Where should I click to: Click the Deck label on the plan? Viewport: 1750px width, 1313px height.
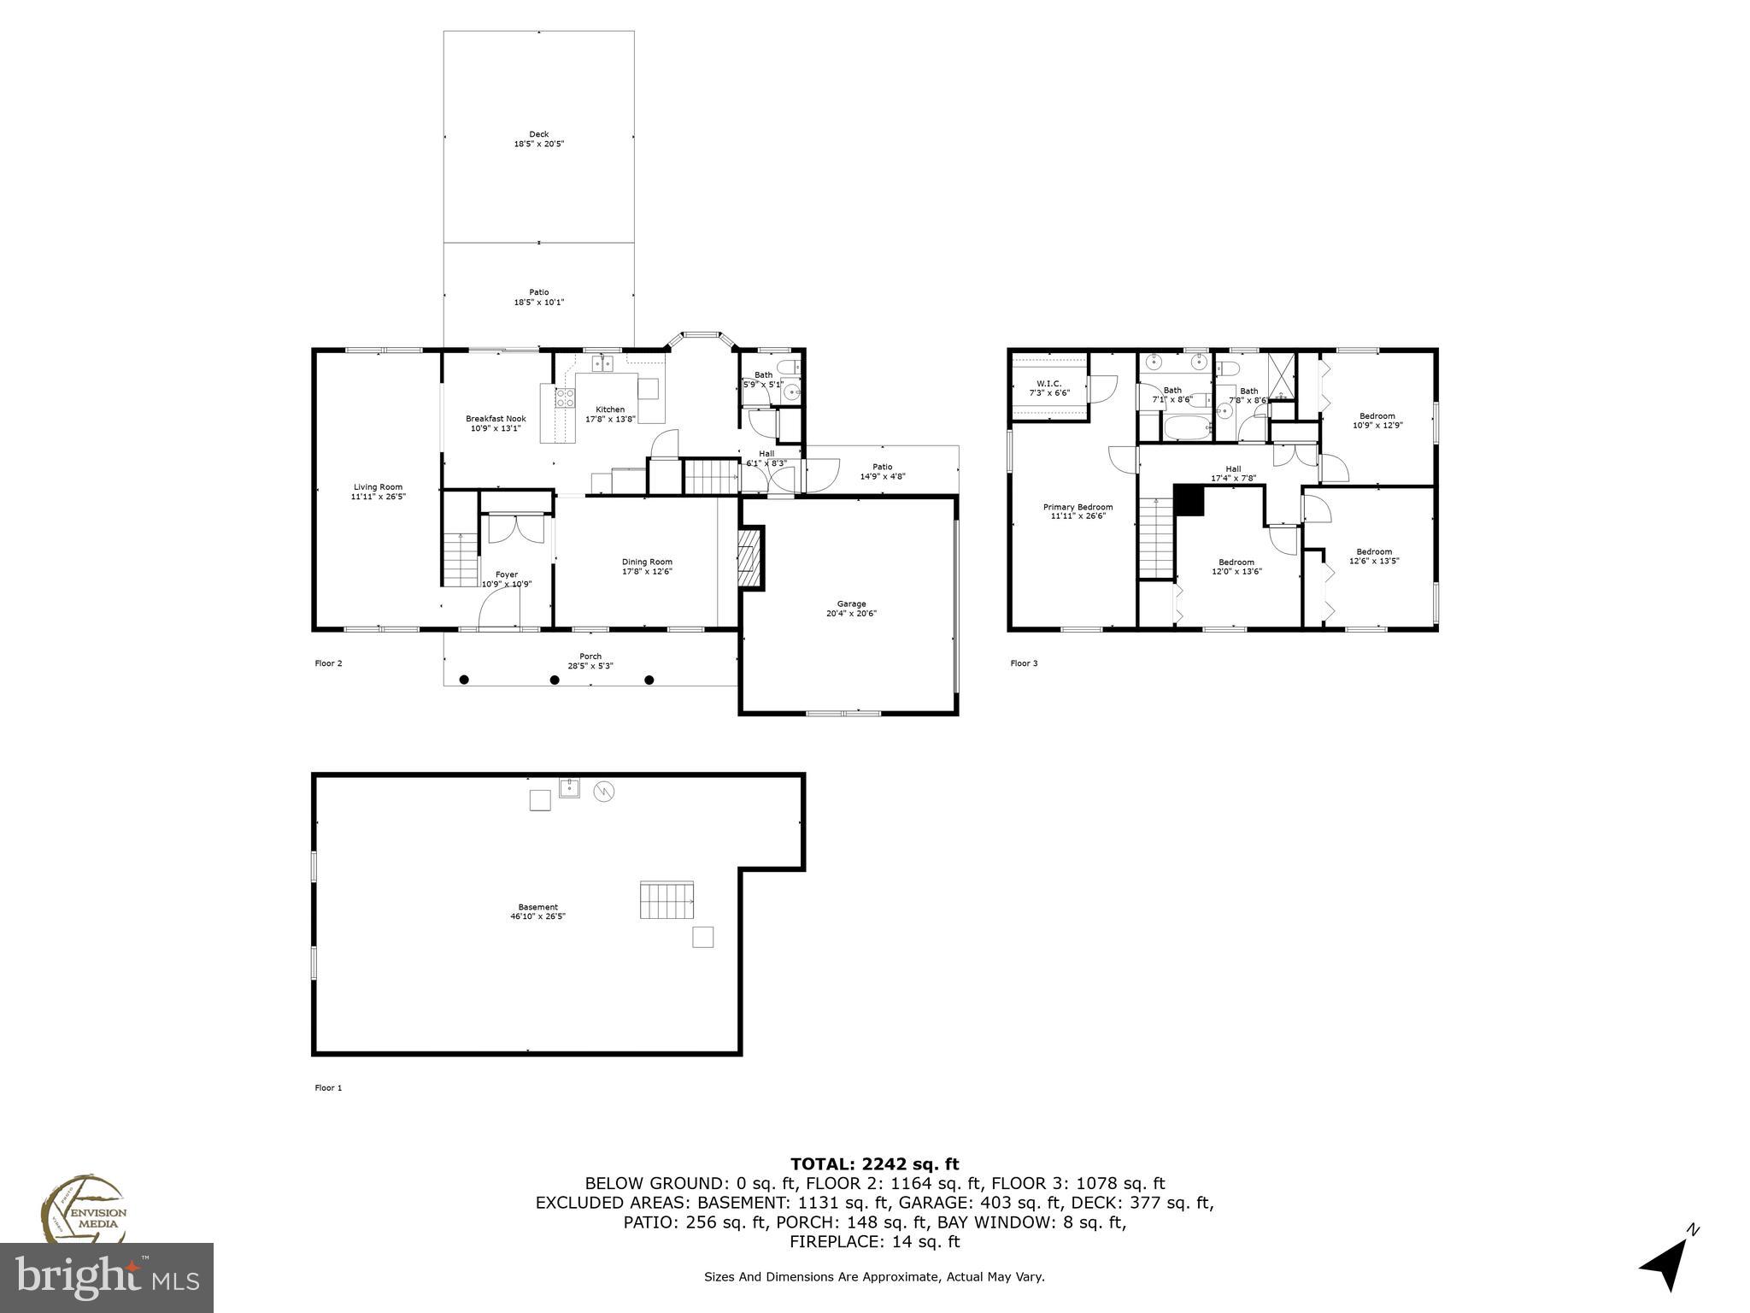(x=538, y=134)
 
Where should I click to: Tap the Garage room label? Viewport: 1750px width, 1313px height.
(x=851, y=604)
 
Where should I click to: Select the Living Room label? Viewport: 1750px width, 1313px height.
(x=378, y=487)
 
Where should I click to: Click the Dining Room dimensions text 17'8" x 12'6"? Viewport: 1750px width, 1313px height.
(x=647, y=572)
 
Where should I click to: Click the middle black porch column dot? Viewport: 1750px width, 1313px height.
(x=555, y=680)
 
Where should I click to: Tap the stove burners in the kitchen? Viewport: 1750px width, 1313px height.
(x=564, y=397)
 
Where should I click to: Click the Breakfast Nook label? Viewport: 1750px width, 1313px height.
(x=496, y=419)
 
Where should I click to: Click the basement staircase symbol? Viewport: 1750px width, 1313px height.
(x=667, y=900)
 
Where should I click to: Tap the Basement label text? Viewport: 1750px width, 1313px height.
(x=537, y=907)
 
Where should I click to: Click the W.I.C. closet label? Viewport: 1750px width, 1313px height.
(x=1048, y=383)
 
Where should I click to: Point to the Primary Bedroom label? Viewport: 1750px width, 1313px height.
(x=1078, y=507)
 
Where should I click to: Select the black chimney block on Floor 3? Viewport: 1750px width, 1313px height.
(x=1188, y=500)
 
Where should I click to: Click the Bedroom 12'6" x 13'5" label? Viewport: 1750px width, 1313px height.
(x=1374, y=551)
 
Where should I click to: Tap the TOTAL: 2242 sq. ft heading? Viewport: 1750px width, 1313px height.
(x=874, y=1163)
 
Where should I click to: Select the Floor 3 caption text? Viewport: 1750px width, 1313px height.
(x=1024, y=663)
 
